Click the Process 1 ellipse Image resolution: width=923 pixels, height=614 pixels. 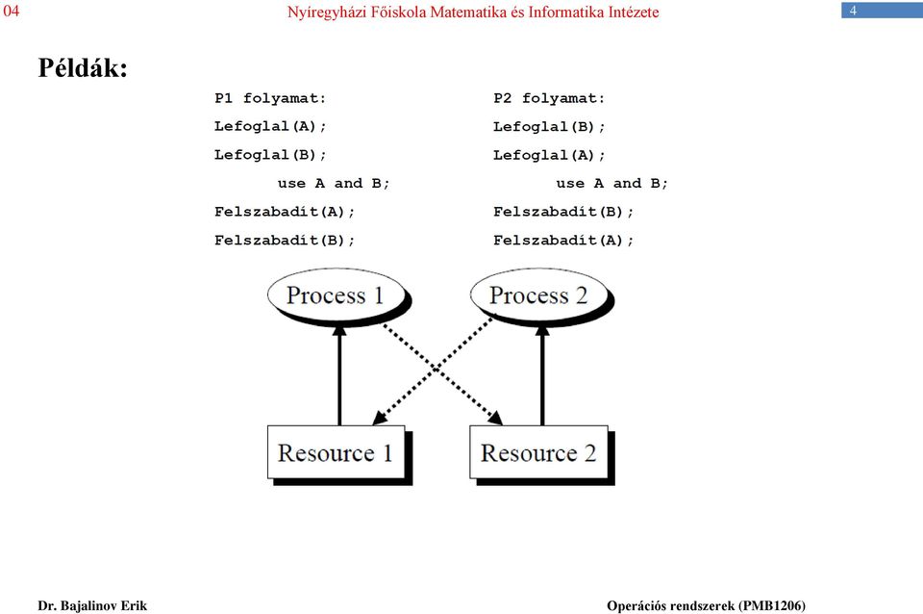(337, 295)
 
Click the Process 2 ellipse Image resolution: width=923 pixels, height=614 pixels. (539, 295)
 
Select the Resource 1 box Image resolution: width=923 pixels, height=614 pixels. (337, 452)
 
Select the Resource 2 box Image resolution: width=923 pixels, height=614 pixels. (538, 452)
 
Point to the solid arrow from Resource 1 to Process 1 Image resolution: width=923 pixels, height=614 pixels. (339, 375)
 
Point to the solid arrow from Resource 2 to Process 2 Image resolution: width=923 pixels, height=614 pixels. (542, 375)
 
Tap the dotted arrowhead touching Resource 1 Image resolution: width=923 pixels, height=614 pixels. (380, 417)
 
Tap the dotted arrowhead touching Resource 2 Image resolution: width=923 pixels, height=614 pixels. (496, 417)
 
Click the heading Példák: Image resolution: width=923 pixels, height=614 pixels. (83, 68)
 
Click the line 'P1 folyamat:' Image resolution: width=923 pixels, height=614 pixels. (270, 98)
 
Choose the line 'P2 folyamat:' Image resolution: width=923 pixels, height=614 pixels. (549, 98)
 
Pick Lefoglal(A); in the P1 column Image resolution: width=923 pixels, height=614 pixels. (270, 126)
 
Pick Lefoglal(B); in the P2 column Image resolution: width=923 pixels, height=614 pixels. (549, 126)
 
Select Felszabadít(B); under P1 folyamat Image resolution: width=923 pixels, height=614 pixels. (285, 240)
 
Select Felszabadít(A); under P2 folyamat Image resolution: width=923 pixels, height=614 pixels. (563, 240)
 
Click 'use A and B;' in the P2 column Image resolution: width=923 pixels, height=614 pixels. (612, 183)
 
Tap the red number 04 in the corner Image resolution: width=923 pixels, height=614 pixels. (12, 11)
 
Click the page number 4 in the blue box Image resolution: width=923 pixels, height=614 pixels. (853, 11)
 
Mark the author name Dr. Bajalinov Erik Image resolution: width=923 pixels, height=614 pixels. (92, 605)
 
